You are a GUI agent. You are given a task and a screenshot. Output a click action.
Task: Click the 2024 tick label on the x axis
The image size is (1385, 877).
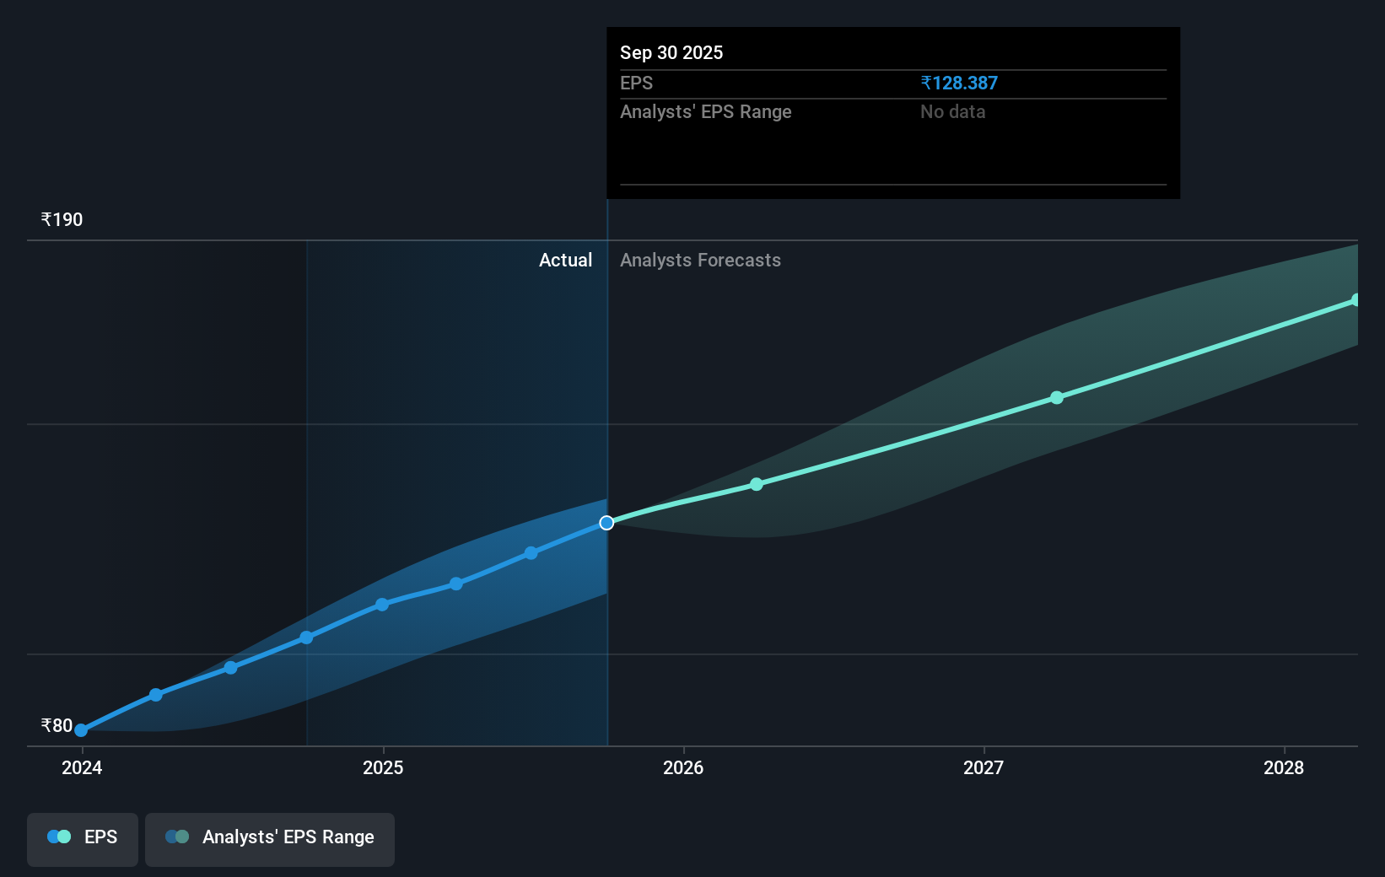pyautogui.click(x=82, y=767)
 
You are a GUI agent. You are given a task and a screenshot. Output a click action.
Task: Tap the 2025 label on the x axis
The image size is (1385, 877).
pyautogui.click(x=383, y=767)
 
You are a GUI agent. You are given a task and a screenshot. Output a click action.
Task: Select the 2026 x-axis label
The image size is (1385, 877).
pyautogui.click(x=683, y=767)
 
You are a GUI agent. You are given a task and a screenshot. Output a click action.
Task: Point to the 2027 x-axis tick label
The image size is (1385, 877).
pyautogui.click(x=984, y=767)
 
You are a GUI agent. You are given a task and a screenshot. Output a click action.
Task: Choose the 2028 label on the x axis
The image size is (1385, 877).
pyautogui.click(x=1284, y=767)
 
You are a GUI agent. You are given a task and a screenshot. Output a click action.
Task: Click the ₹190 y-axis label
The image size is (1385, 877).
pyautogui.click(x=62, y=220)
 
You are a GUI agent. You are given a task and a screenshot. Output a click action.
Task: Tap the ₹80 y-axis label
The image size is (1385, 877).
pyautogui.click(x=57, y=725)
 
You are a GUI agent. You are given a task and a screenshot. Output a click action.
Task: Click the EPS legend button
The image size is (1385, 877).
pyautogui.click(x=83, y=837)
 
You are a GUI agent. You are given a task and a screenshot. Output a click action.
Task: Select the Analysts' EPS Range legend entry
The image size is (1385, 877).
pyautogui.click(x=270, y=837)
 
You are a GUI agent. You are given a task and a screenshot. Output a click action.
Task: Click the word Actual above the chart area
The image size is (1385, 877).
pyautogui.click(x=565, y=261)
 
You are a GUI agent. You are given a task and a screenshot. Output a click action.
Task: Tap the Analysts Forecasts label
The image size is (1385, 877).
pyautogui.click(x=700, y=261)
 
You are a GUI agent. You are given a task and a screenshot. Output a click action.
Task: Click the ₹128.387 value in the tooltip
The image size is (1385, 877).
pyautogui.click(x=959, y=83)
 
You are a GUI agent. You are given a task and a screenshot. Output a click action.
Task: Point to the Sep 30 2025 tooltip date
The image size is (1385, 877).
pyautogui.click(x=671, y=53)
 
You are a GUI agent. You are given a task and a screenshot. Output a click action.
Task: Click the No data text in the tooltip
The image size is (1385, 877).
pyautogui.click(x=952, y=112)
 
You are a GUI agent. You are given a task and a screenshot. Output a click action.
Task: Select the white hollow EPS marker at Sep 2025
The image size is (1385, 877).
pyautogui.click(x=606, y=523)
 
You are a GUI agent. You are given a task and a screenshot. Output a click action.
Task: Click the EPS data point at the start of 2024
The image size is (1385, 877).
pyautogui.click(x=81, y=730)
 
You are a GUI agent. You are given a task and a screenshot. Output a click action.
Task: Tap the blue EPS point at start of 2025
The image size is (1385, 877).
pyautogui.click(x=382, y=605)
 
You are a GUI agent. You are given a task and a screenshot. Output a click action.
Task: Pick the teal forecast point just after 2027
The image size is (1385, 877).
pyautogui.click(x=1057, y=397)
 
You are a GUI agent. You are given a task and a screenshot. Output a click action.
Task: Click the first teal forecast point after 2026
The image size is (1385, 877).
pyautogui.click(x=757, y=484)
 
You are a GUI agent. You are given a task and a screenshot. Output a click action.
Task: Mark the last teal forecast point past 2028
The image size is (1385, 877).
pyautogui.click(x=1355, y=300)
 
